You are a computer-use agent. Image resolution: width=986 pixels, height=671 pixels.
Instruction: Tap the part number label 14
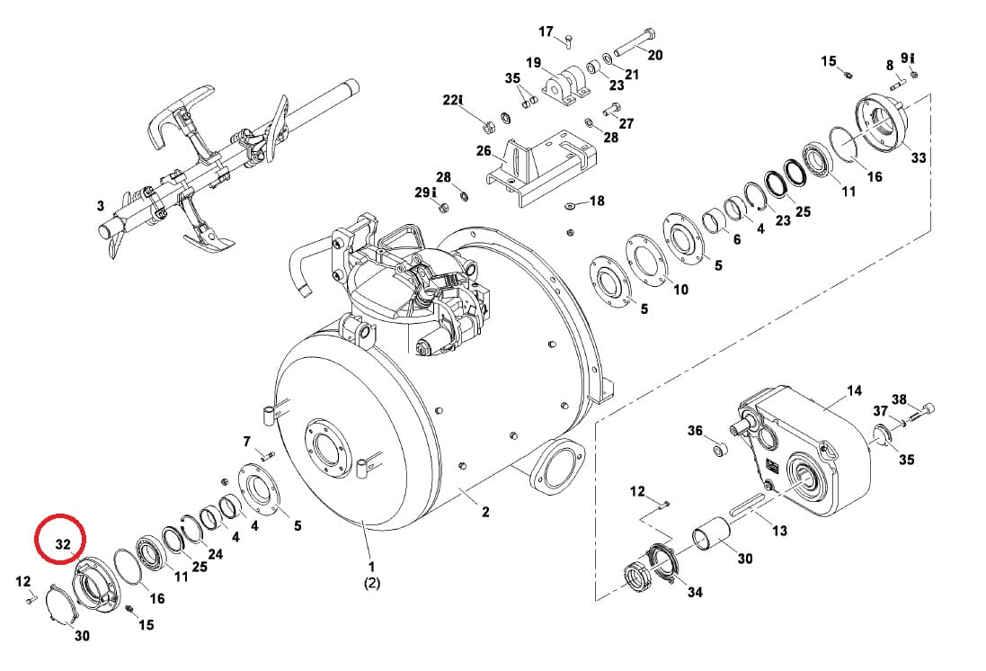(x=854, y=391)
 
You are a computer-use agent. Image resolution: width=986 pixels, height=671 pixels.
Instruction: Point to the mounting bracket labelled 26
(x=541, y=165)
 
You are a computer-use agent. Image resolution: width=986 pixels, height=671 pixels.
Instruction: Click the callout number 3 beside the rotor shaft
(x=101, y=206)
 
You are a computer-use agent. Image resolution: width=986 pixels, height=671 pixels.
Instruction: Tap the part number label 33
(x=918, y=157)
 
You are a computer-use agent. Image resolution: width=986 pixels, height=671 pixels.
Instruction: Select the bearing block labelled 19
(x=567, y=85)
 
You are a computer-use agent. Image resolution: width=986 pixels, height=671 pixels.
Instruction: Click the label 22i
(x=453, y=100)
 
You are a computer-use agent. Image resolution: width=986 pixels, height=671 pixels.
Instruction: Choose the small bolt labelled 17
(x=568, y=40)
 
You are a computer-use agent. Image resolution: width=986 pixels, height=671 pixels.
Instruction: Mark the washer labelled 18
(x=570, y=204)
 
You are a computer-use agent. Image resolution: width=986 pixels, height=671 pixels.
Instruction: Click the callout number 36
(x=694, y=431)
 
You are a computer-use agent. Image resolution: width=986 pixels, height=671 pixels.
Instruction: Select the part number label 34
(x=694, y=592)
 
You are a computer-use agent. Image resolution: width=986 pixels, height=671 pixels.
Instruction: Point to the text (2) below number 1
(x=371, y=584)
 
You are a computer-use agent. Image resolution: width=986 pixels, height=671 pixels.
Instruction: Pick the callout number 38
(x=899, y=399)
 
